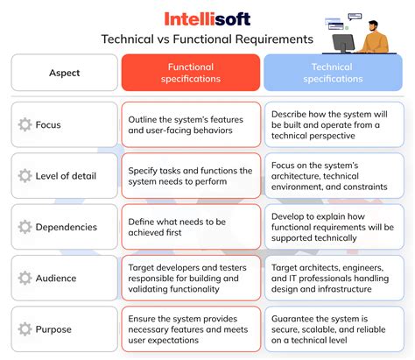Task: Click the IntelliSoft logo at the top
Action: coord(207,18)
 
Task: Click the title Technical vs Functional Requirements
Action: coord(207,39)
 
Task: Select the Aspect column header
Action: coord(64,73)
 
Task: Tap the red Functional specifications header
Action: coord(190,73)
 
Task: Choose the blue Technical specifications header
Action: coord(335,73)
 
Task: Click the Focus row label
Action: coord(48,124)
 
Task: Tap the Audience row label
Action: coord(56,278)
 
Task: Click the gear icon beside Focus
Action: coord(25,124)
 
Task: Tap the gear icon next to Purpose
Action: coord(25,328)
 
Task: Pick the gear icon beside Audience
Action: coord(25,278)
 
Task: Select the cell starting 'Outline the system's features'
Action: coord(190,124)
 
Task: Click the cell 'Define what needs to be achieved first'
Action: coord(190,227)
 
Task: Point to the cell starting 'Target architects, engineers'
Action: coord(335,278)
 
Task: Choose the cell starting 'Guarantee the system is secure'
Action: coord(335,328)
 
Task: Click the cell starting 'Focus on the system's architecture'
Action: coord(335,176)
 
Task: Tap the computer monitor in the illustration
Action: coord(343,41)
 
